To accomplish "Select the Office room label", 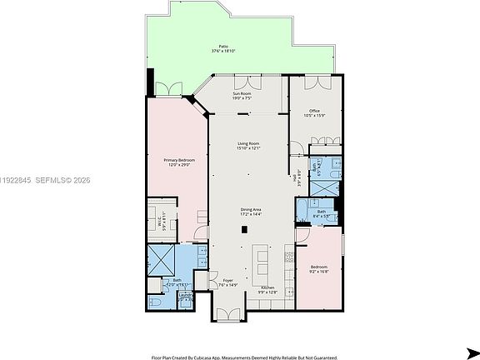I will pos(314,112).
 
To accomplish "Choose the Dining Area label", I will pos(251,212).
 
